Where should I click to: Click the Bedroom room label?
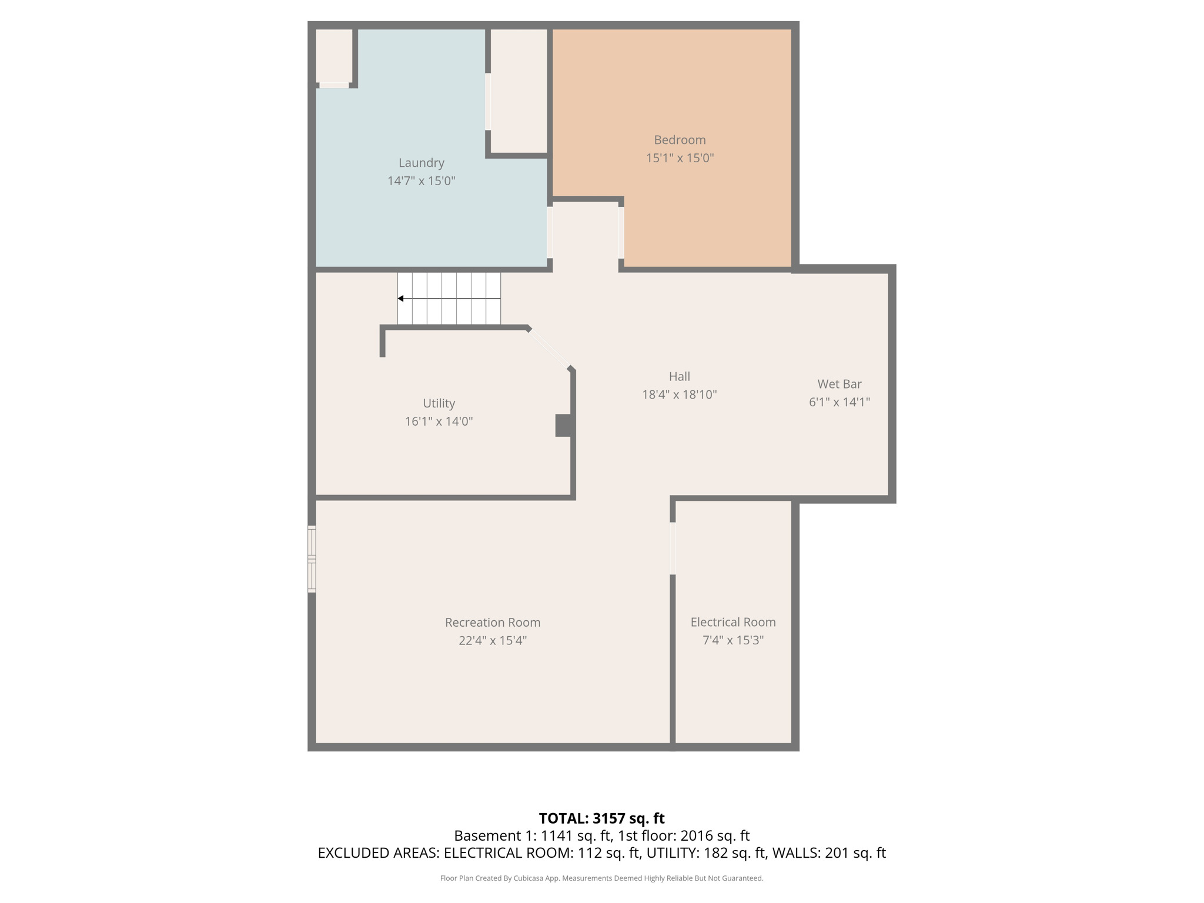(x=680, y=140)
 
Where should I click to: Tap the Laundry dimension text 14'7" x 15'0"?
(x=421, y=181)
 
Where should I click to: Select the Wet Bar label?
(x=839, y=384)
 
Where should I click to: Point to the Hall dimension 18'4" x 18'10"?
(x=679, y=394)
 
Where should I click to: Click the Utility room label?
(x=439, y=403)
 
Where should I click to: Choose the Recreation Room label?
(x=492, y=622)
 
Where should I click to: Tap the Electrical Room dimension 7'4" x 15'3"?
(x=733, y=640)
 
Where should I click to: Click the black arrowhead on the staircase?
(x=400, y=299)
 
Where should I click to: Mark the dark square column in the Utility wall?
(x=563, y=426)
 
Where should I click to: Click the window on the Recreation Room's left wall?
(x=312, y=558)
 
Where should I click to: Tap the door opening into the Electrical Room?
(x=673, y=548)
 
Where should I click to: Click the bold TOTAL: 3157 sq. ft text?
(x=601, y=818)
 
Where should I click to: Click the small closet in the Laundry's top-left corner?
(x=334, y=56)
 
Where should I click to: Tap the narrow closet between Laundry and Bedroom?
(x=519, y=91)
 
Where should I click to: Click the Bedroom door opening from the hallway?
(x=621, y=233)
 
